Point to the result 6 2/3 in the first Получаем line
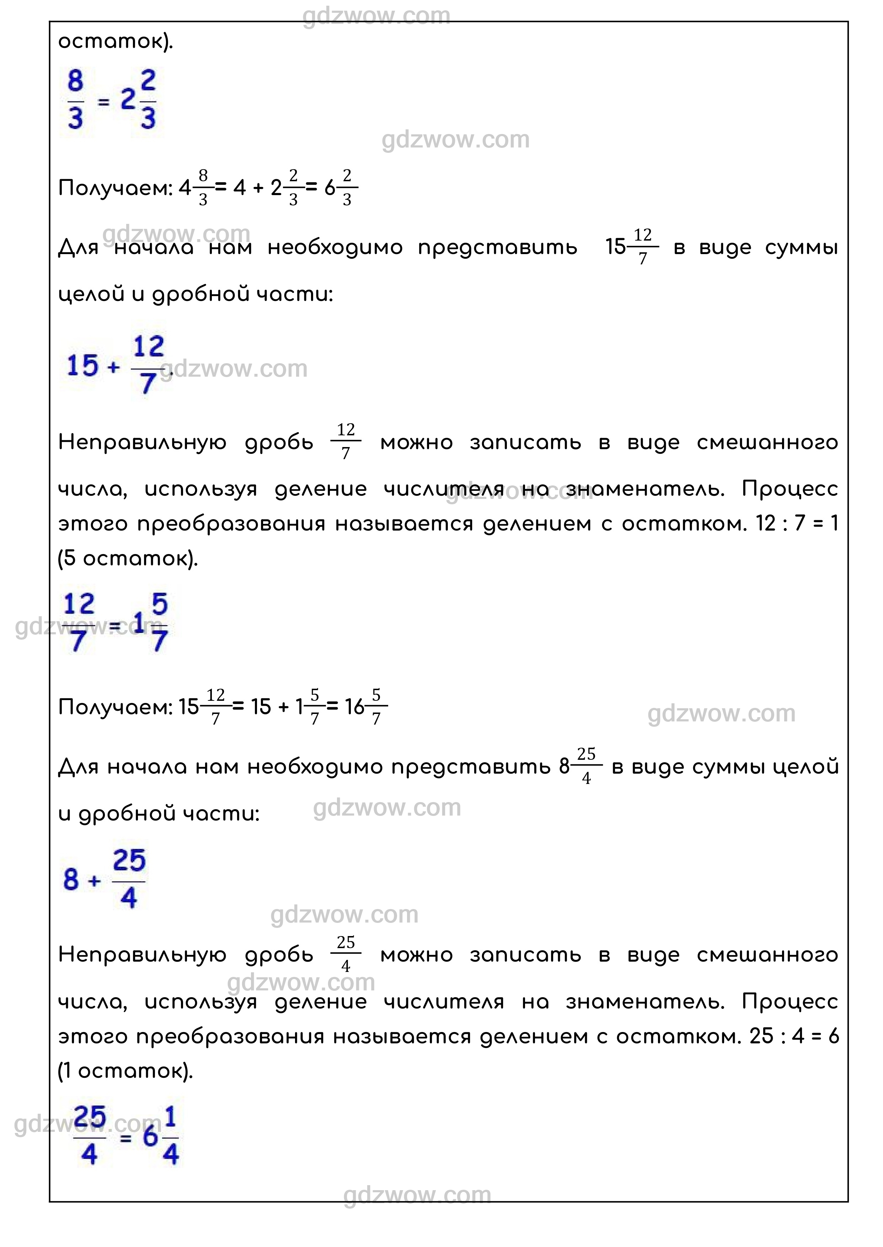click(x=341, y=188)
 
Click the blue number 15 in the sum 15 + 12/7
click(x=82, y=365)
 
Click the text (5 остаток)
click(x=128, y=558)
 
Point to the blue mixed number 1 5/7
click(x=151, y=623)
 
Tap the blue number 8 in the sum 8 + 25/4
click(x=71, y=879)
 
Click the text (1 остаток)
click(x=125, y=1071)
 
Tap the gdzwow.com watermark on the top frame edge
click(x=376, y=16)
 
